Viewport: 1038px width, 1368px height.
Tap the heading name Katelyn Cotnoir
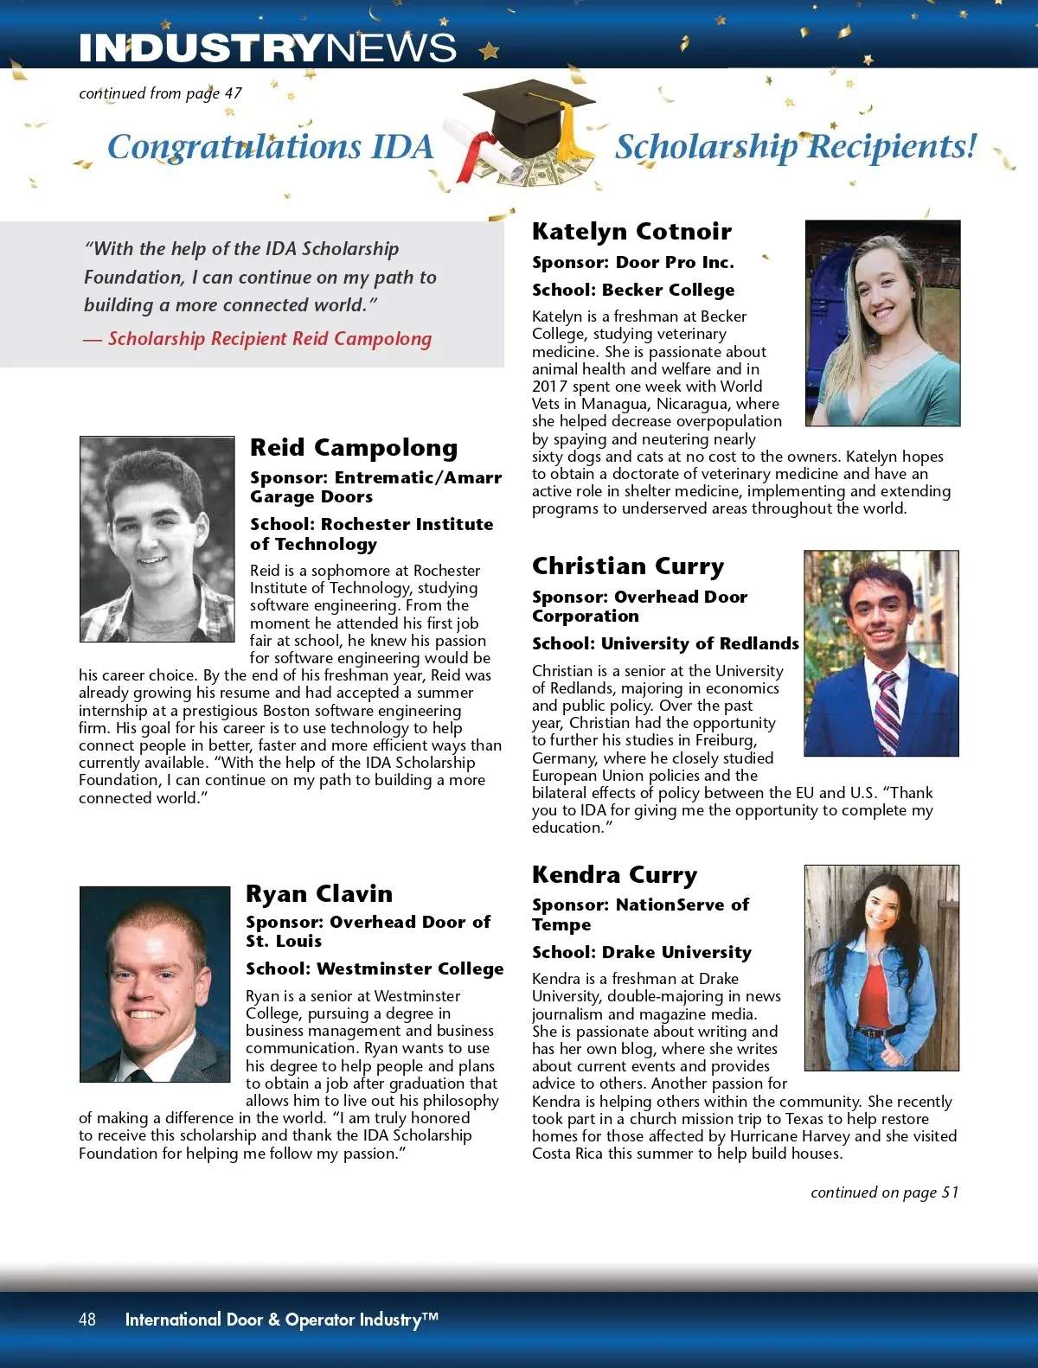pyautogui.click(x=631, y=232)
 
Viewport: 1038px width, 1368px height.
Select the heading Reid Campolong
pyautogui.click(x=354, y=448)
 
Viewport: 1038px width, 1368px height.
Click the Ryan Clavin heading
pyautogui.click(x=319, y=894)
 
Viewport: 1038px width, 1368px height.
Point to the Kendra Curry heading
pyautogui.click(x=614, y=875)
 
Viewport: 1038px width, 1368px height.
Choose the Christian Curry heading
pyautogui.click(x=628, y=566)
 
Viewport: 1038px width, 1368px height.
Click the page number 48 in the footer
pyautogui.click(x=87, y=1319)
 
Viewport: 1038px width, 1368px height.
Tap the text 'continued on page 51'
pyautogui.click(x=884, y=1192)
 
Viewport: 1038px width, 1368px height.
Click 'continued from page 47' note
pyautogui.click(x=160, y=93)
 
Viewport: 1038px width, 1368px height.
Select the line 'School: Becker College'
pyautogui.click(x=633, y=291)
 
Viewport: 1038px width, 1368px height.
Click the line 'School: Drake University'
pyautogui.click(x=642, y=953)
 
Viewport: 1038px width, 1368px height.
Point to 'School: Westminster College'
pyautogui.click(x=375, y=969)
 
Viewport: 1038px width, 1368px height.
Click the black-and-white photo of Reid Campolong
pyautogui.click(x=157, y=539)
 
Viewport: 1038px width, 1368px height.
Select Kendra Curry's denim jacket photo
pyautogui.click(x=881, y=968)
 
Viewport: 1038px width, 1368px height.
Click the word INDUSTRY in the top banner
pyautogui.click(x=202, y=48)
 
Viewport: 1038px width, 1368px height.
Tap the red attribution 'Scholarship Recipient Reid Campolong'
pyautogui.click(x=269, y=339)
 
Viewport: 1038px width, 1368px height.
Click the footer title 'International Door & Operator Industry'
pyautogui.click(x=281, y=1320)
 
